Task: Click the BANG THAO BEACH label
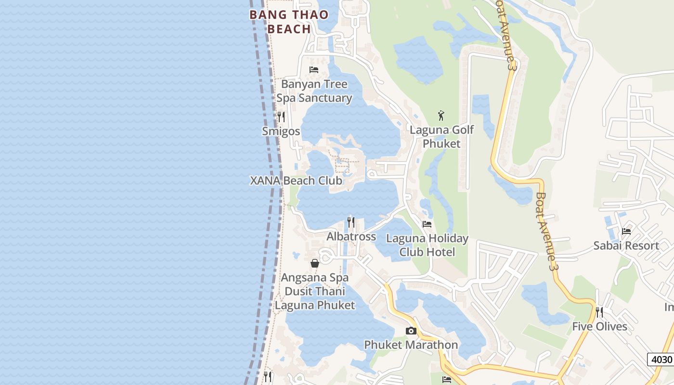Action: click(289, 22)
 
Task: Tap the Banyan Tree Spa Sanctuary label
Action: click(314, 91)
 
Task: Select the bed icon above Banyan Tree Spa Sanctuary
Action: click(314, 70)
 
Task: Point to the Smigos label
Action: click(281, 131)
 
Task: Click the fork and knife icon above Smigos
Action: click(281, 116)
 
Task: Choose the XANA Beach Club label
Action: click(296, 180)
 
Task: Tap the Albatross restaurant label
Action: click(351, 236)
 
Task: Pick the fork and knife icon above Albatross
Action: click(351, 222)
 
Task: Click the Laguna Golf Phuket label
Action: click(441, 137)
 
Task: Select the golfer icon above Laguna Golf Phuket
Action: click(441, 115)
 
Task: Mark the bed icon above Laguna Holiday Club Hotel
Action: click(427, 224)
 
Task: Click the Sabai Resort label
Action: click(626, 245)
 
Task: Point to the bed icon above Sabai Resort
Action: click(626, 231)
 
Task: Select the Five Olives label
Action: click(599, 326)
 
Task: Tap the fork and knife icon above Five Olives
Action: click(599, 312)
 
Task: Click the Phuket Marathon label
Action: click(411, 345)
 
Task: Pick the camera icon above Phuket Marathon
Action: click(411, 331)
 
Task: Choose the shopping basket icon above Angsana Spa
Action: click(314, 263)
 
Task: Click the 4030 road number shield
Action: click(660, 359)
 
